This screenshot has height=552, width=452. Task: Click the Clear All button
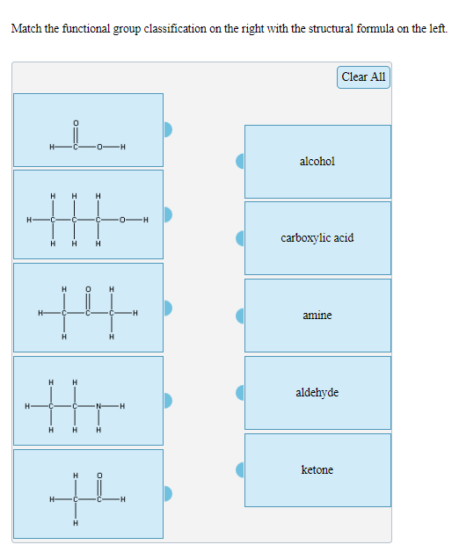[x=363, y=77]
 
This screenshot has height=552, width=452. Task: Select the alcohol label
[x=317, y=162]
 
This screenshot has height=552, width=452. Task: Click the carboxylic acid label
[x=317, y=238]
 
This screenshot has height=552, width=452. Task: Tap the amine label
[x=317, y=316]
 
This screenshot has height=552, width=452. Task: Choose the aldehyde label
[x=317, y=393]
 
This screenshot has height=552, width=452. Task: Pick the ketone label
[x=317, y=470]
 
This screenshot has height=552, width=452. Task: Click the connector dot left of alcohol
[x=240, y=161]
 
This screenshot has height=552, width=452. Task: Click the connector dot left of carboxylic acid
[x=240, y=238]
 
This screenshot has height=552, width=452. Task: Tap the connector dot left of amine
[x=240, y=316]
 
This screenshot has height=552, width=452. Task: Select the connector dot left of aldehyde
[x=240, y=393]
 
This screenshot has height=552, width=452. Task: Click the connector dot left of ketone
[x=240, y=470]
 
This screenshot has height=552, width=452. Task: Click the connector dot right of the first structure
[x=167, y=129]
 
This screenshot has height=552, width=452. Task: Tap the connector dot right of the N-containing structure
[x=167, y=401]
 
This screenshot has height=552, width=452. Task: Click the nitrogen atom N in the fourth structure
[x=98, y=406]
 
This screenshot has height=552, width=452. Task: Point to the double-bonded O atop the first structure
[x=76, y=122]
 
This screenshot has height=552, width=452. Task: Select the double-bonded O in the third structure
[x=87, y=287]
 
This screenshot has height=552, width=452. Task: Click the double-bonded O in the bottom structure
[x=98, y=476]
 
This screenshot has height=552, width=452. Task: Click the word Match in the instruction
[x=26, y=29]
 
